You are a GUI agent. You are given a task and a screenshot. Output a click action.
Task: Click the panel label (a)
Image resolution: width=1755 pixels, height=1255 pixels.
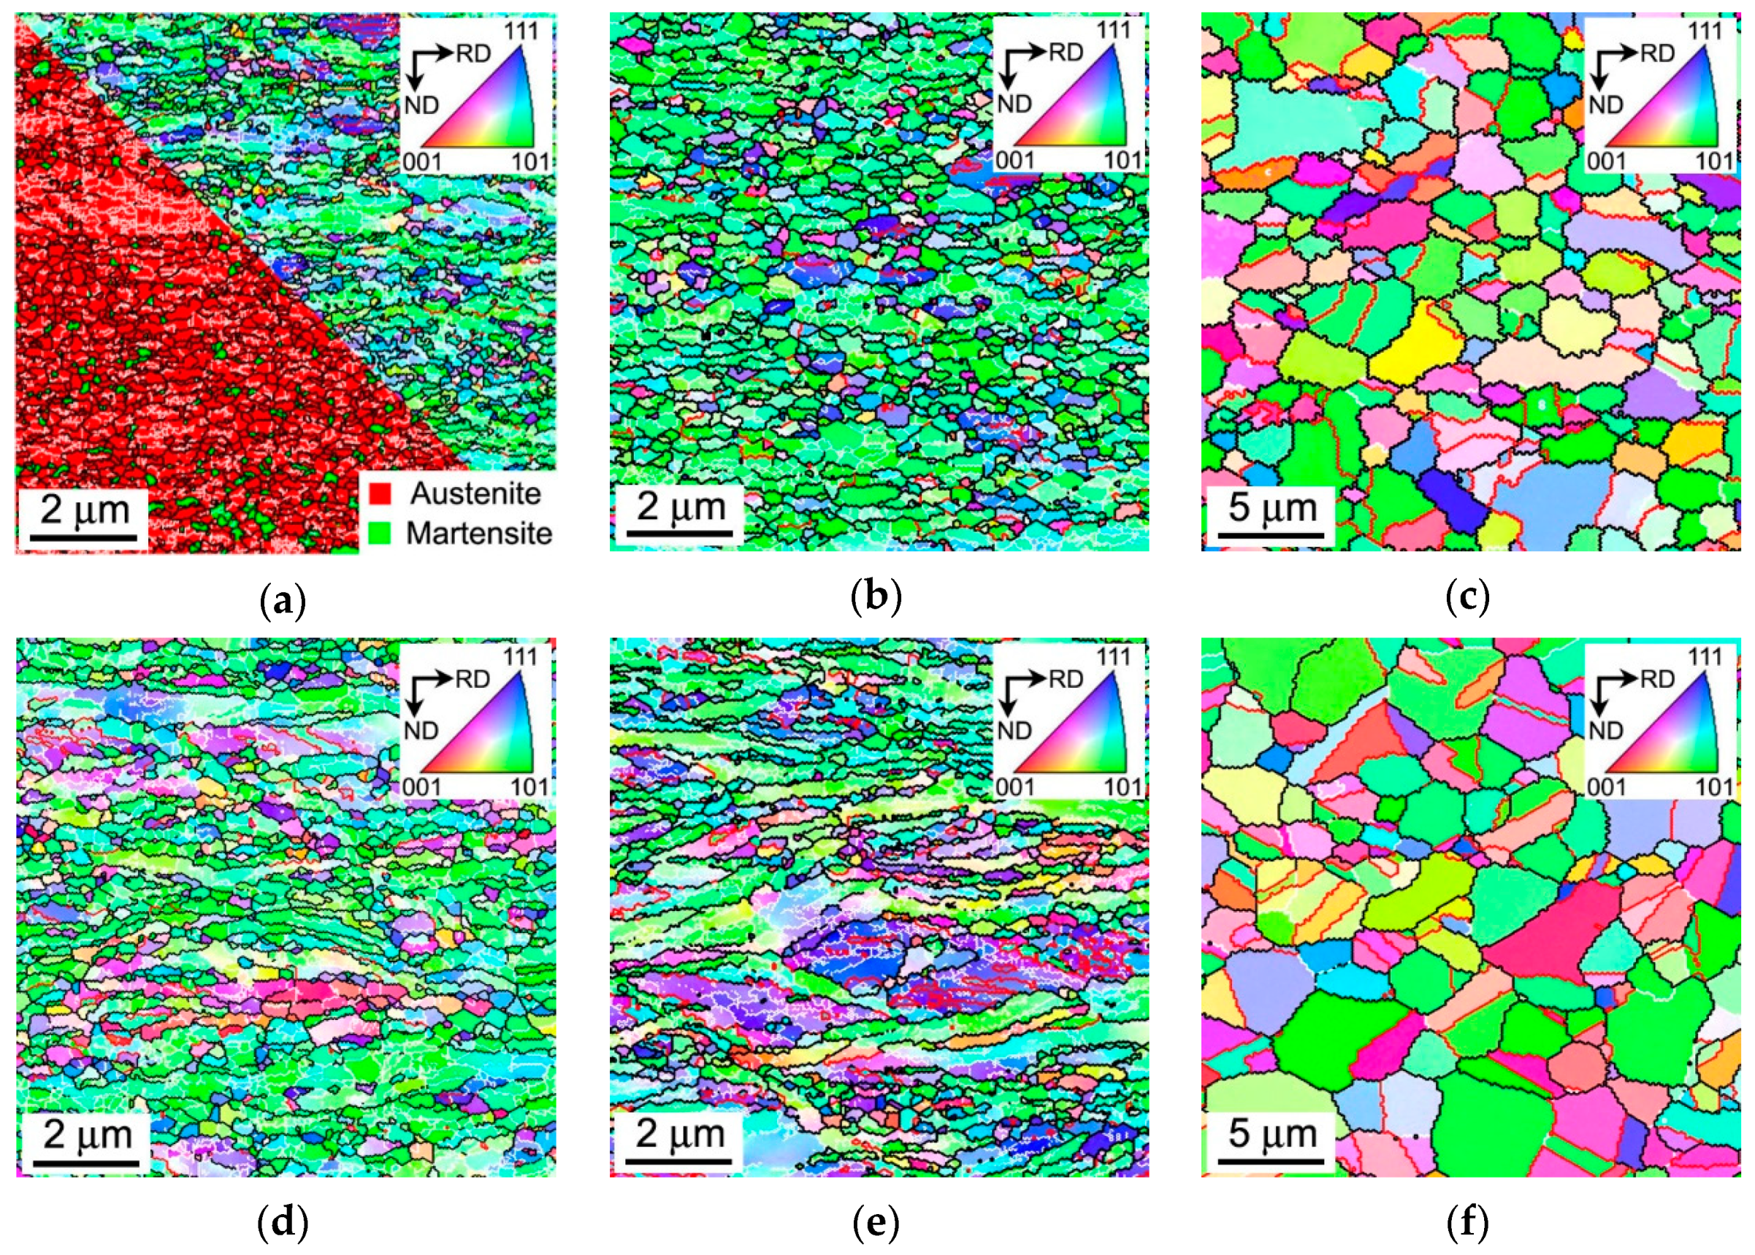(x=283, y=599)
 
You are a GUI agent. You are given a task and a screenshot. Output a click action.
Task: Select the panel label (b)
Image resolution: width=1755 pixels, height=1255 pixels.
(x=876, y=599)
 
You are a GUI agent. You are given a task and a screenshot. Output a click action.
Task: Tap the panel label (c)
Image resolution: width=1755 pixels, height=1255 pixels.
(x=1468, y=599)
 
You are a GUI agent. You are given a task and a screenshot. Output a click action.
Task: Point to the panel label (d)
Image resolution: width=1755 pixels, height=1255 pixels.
(x=283, y=1224)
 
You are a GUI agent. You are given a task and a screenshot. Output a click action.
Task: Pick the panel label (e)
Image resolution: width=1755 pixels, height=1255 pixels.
(x=876, y=1224)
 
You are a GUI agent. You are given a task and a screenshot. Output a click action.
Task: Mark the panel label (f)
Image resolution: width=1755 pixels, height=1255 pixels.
(x=1468, y=1224)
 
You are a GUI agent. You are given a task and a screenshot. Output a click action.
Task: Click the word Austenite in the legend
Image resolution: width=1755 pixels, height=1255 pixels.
(x=475, y=494)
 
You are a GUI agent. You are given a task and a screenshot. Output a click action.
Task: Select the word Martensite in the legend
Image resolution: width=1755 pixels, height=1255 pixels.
(x=478, y=533)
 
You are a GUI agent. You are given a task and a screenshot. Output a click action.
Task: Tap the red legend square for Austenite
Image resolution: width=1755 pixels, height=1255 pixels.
(x=380, y=494)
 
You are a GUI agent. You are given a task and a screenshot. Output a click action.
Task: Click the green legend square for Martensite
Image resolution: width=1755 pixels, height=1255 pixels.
(x=380, y=533)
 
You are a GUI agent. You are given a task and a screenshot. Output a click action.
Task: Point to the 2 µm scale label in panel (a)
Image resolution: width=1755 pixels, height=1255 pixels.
(x=84, y=510)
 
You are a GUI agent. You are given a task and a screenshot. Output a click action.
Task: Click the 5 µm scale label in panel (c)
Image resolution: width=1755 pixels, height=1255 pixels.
(x=1272, y=507)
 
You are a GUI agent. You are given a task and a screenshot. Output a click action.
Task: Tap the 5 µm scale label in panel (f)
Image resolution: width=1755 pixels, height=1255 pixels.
(x=1272, y=1134)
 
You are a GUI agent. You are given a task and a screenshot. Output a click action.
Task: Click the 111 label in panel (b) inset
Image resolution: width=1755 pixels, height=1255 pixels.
(x=1113, y=30)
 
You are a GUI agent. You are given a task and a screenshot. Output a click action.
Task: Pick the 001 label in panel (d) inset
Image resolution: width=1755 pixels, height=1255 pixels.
(x=421, y=788)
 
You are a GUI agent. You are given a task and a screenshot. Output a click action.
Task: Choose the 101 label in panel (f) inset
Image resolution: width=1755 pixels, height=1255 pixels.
(x=1714, y=788)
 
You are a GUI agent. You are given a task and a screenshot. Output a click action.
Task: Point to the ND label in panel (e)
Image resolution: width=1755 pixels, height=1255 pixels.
(x=1014, y=730)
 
